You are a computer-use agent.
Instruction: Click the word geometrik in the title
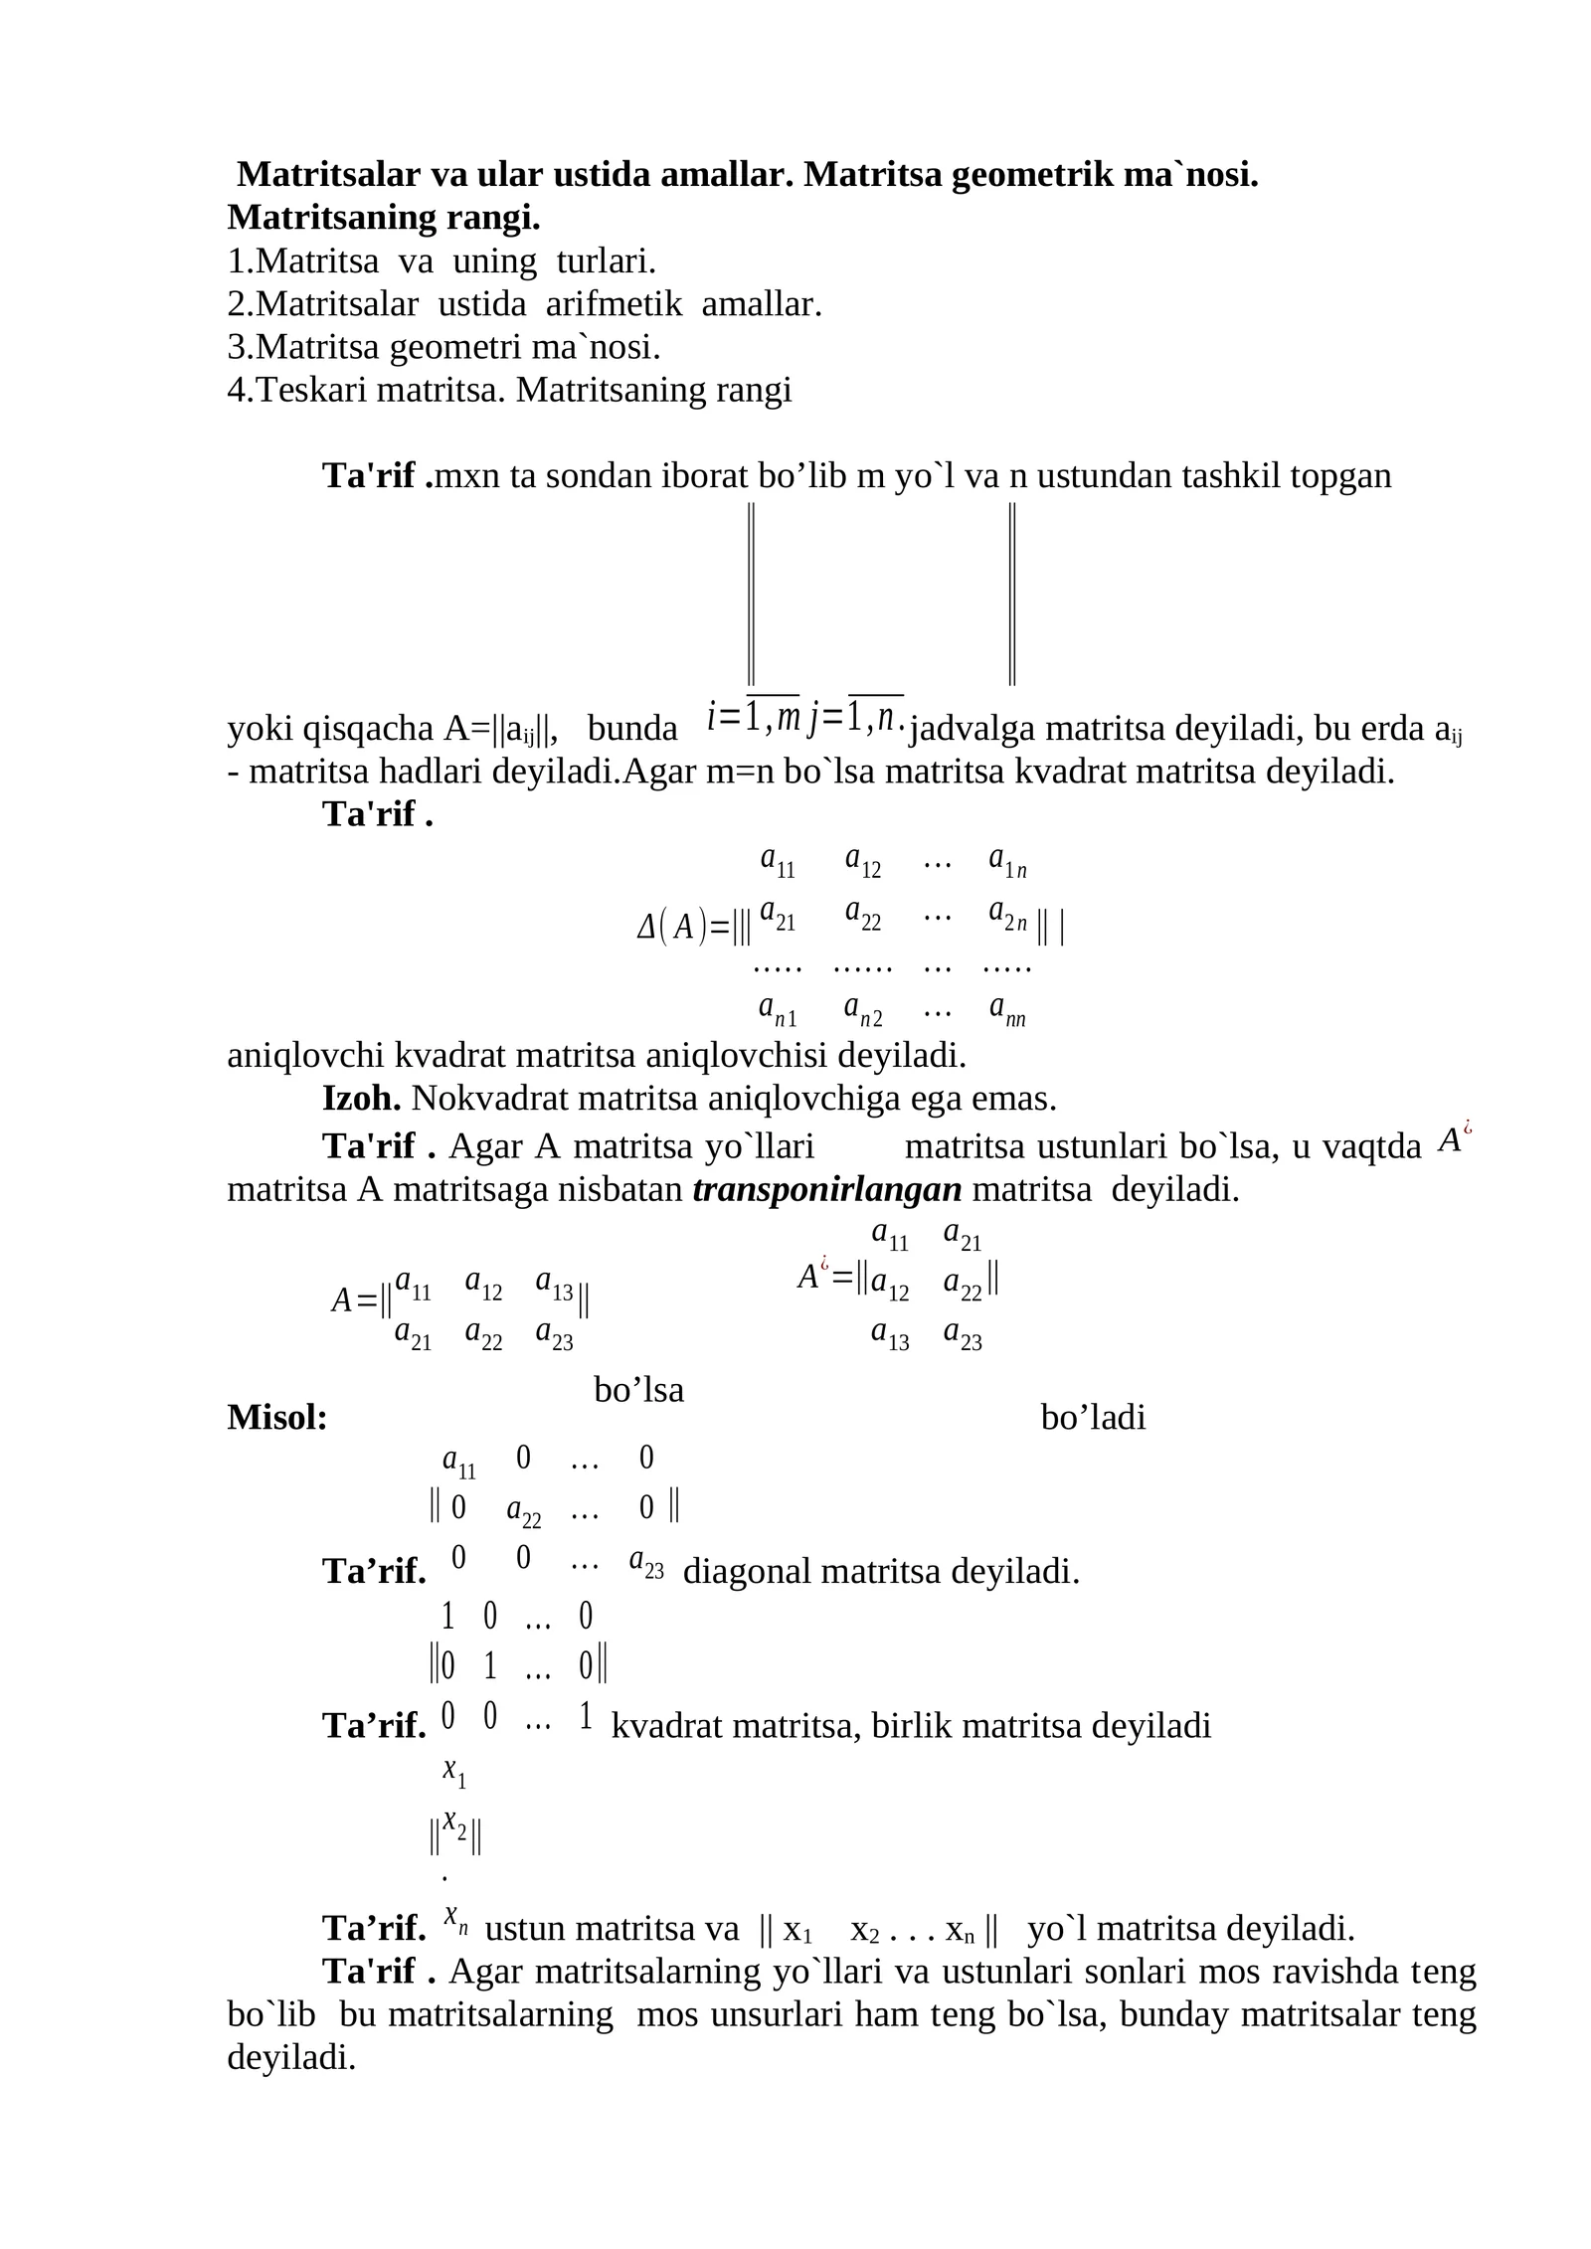(1028, 175)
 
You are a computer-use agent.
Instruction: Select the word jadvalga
(973, 729)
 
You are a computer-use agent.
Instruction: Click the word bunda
(632, 729)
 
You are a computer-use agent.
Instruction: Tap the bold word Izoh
(362, 1099)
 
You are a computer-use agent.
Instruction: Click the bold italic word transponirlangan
(827, 1190)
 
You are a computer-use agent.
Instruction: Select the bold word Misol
(277, 1418)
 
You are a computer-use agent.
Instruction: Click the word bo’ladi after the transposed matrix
(1093, 1418)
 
